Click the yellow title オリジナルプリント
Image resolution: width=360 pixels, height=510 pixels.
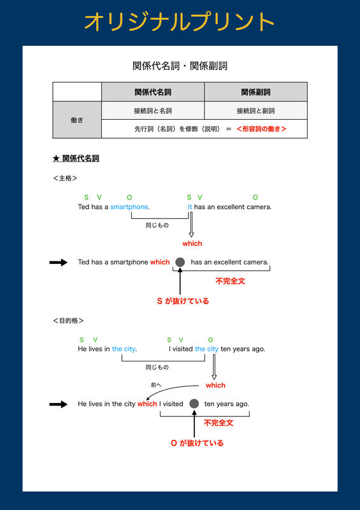click(x=179, y=22)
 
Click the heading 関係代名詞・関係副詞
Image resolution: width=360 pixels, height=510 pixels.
click(x=180, y=66)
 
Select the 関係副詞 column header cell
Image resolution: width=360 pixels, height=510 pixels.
click(x=256, y=92)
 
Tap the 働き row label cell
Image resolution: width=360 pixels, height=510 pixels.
click(x=77, y=120)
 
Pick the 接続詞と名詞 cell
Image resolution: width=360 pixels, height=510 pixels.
click(x=153, y=110)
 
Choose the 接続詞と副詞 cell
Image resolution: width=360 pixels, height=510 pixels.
click(x=256, y=110)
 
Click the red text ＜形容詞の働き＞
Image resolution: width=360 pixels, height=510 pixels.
click(x=261, y=129)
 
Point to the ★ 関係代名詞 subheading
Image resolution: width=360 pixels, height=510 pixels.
click(x=76, y=158)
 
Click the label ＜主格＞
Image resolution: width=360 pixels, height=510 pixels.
click(x=65, y=178)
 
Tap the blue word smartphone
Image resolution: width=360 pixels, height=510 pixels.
click(x=129, y=207)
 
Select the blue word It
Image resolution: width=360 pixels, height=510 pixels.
click(x=190, y=207)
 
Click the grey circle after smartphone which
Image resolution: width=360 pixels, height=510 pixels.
click(x=180, y=262)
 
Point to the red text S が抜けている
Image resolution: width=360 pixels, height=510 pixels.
click(x=183, y=301)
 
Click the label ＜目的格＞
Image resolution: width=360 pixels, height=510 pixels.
click(x=68, y=321)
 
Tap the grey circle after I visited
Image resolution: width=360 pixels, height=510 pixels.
click(x=194, y=404)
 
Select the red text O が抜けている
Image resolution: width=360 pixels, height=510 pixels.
click(x=197, y=443)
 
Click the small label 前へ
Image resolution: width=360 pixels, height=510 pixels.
click(x=156, y=385)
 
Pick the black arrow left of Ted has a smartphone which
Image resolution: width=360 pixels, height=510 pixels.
click(x=59, y=263)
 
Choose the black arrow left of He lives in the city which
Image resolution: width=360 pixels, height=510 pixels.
click(x=59, y=404)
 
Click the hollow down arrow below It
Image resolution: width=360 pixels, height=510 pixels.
click(x=191, y=224)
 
